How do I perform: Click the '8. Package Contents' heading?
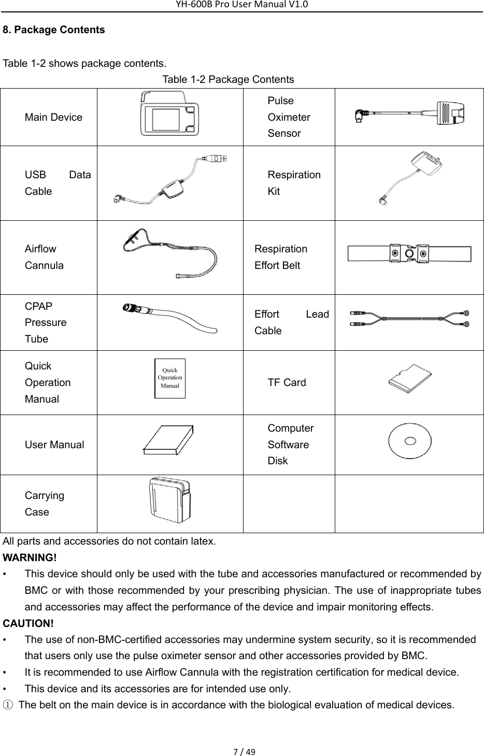point(53,30)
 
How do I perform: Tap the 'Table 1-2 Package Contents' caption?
point(228,79)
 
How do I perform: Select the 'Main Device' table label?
point(53,117)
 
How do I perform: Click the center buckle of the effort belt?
point(409,254)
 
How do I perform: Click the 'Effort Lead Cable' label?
point(291,322)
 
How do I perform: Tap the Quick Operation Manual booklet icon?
point(169,378)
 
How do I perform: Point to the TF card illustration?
point(410,382)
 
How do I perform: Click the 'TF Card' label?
point(287,382)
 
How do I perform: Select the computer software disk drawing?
point(410,441)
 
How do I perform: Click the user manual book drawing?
point(169,441)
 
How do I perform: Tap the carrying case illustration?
point(169,503)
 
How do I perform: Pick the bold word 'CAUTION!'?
point(28,622)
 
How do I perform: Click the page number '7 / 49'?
point(241,751)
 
